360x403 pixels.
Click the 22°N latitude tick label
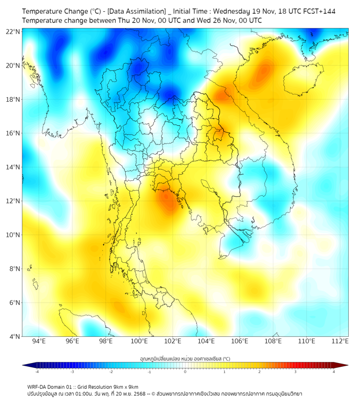(13, 31)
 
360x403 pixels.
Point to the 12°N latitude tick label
(13, 201)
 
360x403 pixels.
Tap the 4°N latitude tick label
(14, 336)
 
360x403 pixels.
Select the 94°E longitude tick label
(39, 341)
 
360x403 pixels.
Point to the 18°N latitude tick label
(13, 99)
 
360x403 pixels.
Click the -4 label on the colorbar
(36, 372)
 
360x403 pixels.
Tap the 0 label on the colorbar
(185, 372)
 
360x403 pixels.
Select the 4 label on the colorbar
(334, 372)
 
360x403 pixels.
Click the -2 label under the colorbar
(111, 372)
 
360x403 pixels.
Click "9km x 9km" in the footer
(126, 386)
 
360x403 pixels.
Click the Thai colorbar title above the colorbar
(185, 359)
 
